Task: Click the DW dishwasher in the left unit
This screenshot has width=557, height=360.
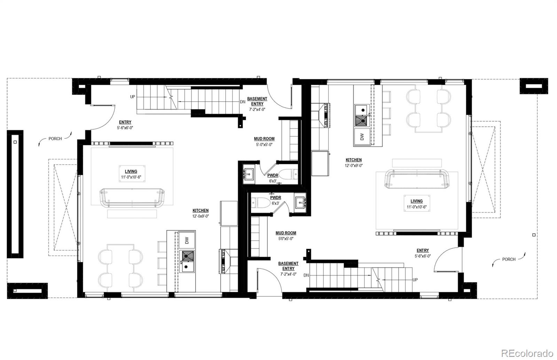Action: click(187, 240)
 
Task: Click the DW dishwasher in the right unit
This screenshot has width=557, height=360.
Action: click(362, 137)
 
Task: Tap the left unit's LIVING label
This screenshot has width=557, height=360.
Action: click(131, 171)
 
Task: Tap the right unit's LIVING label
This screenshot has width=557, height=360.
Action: click(416, 201)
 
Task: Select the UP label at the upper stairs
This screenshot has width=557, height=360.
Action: click(133, 97)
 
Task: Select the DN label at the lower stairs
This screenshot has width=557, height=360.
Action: click(306, 275)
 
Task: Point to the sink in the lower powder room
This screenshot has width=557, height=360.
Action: click(300, 202)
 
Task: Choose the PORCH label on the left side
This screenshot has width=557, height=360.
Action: click(55, 138)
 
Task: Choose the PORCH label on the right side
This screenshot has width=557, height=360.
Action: click(509, 259)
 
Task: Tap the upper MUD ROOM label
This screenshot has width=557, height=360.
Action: click(264, 139)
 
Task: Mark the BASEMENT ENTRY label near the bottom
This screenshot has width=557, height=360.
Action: click(288, 266)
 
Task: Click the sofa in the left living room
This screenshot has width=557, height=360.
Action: click(132, 197)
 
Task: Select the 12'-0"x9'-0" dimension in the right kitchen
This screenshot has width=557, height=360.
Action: click(354, 166)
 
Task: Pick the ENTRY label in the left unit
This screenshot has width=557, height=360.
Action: click(125, 122)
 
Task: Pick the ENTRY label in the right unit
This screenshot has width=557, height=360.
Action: click(423, 250)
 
